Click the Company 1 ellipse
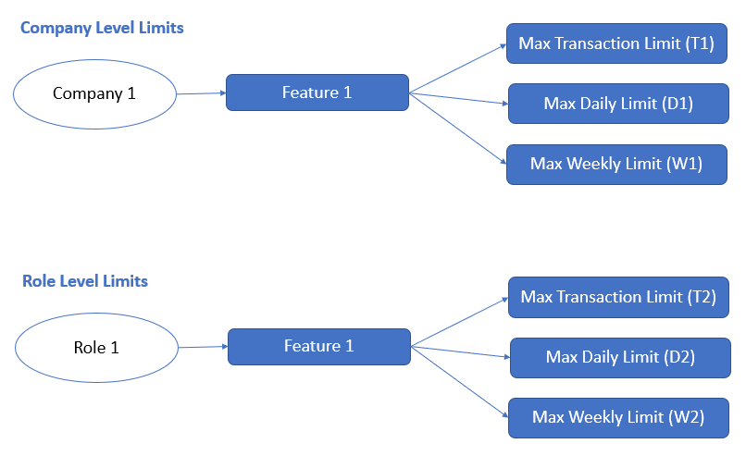[x=95, y=93]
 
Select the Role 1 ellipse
[x=96, y=348]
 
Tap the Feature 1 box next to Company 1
[x=317, y=92]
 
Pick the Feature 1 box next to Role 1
[x=319, y=346]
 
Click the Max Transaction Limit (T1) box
[x=616, y=44]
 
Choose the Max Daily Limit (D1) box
[x=618, y=104]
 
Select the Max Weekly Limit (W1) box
[x=616, y=164]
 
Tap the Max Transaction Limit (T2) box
[x=618, y=298]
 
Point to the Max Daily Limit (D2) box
[x=620, y=357]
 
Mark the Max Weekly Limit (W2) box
[x=618, y=417]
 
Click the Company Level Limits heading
[x=102, y=28]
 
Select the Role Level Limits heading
[x=85, y=281]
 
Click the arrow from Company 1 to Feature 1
[x=201, y=93]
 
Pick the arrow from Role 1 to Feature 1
[x=202, y=347]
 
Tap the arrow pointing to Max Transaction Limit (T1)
[x=457, y=69]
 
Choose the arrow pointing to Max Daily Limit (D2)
[x=461, y=351]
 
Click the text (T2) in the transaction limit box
[x=698, y=298]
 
